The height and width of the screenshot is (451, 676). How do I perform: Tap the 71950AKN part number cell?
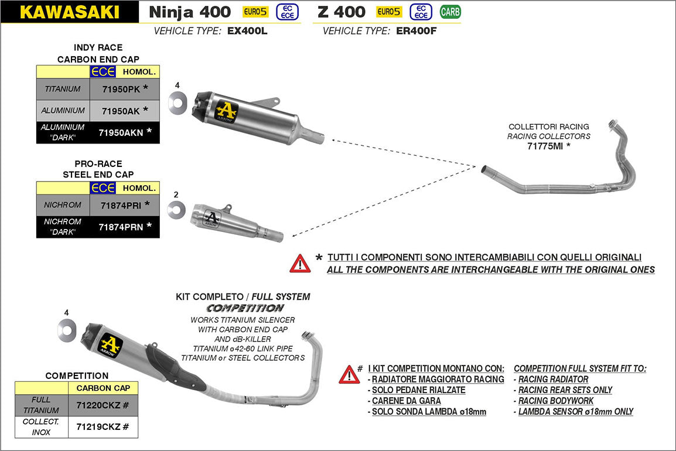(x=121, y=132)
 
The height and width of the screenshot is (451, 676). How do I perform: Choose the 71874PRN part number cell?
(x=121, y=226)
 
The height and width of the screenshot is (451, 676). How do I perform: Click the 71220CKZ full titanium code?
(x=98, y=405)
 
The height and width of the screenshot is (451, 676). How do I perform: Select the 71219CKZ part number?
(x=98, y=427)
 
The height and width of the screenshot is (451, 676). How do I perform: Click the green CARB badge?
(x=450, y=11)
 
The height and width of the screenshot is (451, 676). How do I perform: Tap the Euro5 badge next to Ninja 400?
(x=256, y=11)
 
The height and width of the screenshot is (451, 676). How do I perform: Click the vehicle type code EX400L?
(x=247, y=31)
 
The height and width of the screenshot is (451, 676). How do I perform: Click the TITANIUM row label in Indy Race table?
(x=63, y=89)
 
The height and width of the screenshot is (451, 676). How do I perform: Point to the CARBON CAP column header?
(x=103, y=388)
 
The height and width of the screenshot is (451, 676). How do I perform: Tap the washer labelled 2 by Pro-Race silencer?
(x=176, y=210)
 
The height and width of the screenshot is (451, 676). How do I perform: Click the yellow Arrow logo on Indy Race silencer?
(x=226, y=111)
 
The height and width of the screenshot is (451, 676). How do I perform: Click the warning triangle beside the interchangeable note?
(x=300, y=264)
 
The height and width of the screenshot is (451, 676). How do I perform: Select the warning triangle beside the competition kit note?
(x=349, y=374)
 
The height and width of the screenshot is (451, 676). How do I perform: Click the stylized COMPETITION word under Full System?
(x=245, y=308)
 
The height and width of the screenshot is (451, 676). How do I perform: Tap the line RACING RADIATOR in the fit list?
(x=553, y=380)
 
